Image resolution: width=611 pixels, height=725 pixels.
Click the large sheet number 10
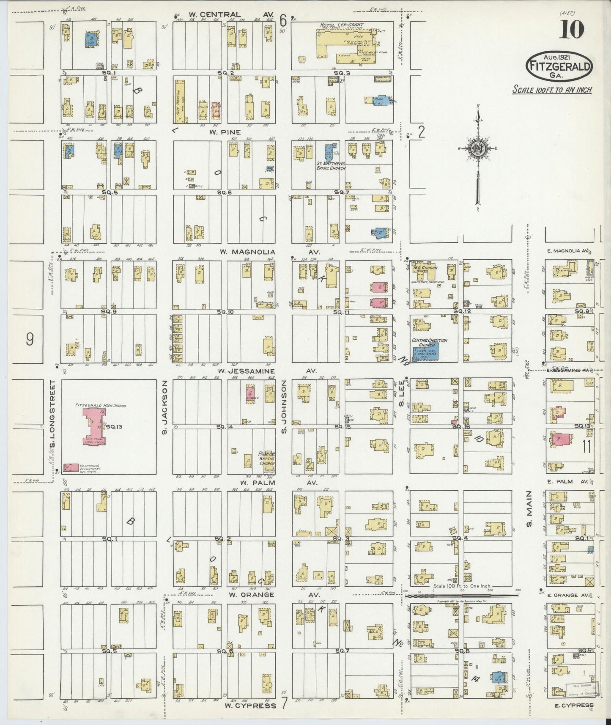[x=572, y=29]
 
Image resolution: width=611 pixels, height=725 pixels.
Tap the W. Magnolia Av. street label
[x=247, y=252]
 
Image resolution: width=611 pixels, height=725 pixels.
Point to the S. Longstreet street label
[x=53, y=406]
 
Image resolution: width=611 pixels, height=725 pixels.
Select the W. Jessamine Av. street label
[x=247, y=371]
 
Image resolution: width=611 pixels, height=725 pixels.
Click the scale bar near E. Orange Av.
[x=461, y=595]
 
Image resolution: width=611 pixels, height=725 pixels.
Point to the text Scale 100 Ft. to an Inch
[x=551, y=90]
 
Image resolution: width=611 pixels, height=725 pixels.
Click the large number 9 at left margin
[x=30, y=339]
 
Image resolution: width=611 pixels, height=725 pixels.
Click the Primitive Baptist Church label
[x=266, y=459]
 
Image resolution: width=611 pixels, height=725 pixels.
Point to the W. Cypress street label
[x=250, y=705]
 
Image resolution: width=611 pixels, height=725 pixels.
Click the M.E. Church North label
[x=425, y=269]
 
